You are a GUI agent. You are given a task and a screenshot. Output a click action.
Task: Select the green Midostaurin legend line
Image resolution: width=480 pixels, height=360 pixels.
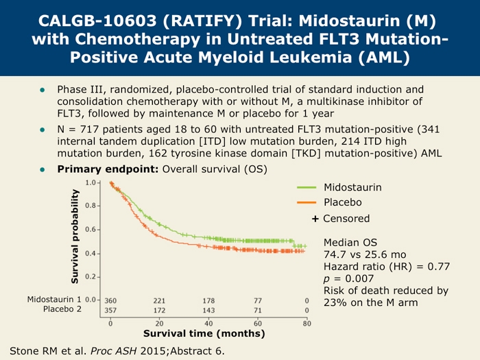tap(306, 187)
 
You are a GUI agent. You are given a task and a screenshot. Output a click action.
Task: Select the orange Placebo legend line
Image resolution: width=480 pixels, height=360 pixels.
tap(306, 202)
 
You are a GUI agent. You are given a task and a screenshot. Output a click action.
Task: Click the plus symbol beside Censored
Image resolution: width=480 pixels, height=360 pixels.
tap(315, 218)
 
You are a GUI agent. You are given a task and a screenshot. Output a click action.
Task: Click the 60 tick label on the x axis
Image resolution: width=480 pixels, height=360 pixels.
tap(258, 323)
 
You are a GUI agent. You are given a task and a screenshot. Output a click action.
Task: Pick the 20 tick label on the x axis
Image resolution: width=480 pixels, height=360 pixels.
tap(159, 323)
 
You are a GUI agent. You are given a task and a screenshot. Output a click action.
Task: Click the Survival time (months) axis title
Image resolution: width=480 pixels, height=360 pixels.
tap(204, 334)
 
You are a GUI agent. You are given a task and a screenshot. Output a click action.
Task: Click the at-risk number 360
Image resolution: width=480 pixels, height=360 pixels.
tap(111, 300)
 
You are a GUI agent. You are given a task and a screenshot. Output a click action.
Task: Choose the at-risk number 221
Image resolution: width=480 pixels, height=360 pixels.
tap(159, 300)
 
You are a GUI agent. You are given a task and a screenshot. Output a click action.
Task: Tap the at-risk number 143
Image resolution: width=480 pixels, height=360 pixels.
tap(208, 311)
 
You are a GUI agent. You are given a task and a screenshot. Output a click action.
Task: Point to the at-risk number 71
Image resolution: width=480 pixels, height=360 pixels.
tap(258, 311)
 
